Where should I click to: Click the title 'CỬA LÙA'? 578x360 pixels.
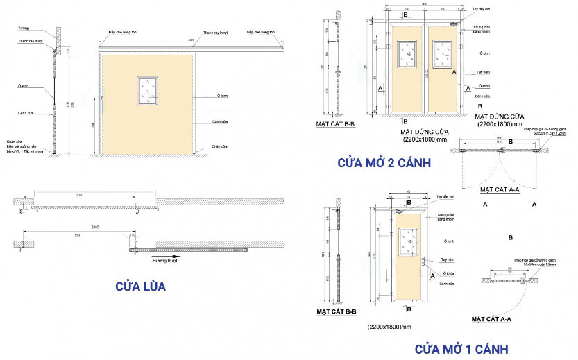point(140,285)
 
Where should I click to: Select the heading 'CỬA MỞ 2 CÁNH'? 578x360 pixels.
point(384,163)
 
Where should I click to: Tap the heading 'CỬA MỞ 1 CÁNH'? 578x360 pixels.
point(461,348)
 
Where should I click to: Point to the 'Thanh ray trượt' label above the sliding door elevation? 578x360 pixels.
point(216,33)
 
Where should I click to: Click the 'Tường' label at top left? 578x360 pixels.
point(24,29)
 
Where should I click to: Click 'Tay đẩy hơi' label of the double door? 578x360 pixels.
point(479,10)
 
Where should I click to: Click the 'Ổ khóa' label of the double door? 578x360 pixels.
point(483,86)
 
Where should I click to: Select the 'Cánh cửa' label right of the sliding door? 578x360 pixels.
point(221,121)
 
